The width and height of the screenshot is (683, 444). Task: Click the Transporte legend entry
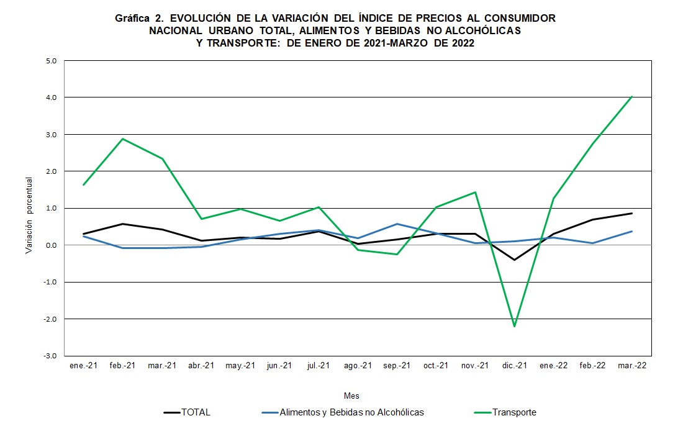pos(514,412)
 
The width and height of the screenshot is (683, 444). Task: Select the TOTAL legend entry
pos(196,412)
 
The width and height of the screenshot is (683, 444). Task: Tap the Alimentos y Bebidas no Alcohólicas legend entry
pos(351,412)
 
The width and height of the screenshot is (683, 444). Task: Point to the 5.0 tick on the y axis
pos(50,61)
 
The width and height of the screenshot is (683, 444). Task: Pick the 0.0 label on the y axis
pos(50,245)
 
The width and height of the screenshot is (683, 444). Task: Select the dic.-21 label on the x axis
pos(514,366)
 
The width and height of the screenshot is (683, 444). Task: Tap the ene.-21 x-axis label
pos(83,366)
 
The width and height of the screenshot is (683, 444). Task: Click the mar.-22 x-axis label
pos(631,366)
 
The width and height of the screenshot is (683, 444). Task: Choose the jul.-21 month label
pos(318,366)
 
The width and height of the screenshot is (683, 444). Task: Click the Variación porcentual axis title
pos(29,215)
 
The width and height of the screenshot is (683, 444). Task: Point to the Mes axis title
pos(351,396)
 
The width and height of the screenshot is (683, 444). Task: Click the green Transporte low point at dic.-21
pos(514,326)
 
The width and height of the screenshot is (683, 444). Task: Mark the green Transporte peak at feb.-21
pos(123,139)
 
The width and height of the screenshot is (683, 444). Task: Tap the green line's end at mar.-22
pos(631,97)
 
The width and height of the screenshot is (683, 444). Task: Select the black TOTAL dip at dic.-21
pos(514,260)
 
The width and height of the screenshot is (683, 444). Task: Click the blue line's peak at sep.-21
pos(397,224)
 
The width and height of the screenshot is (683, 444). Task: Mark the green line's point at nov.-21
pos(475,193)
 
